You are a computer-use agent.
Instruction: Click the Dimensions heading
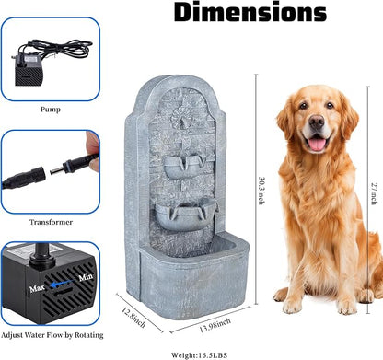click(x=250, y=12)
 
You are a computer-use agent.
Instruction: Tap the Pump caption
click(x=51, y=109)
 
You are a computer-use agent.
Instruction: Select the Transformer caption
click(x=51, y=222)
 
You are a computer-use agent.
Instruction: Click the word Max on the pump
click(x=37, y=288)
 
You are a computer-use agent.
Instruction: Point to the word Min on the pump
click(x=86, y=277)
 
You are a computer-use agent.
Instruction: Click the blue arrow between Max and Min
click(x=62, y=284)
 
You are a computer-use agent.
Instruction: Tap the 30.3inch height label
click(x=261, y=191)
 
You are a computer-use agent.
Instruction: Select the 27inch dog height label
click(x=374, y=194)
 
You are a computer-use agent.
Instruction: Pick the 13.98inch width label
click(x=215, y=326)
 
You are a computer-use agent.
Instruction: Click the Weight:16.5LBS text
click(x=200, y=355)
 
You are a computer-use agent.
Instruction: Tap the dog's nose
click(x=317, y=122)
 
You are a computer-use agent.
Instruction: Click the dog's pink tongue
click(x=317, y=144)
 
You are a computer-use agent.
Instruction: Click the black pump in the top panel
click(x=29, y=71)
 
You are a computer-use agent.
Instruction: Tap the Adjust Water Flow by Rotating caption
click(x=52, y=335)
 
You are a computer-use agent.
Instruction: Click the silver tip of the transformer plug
click(x=56, y=169)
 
